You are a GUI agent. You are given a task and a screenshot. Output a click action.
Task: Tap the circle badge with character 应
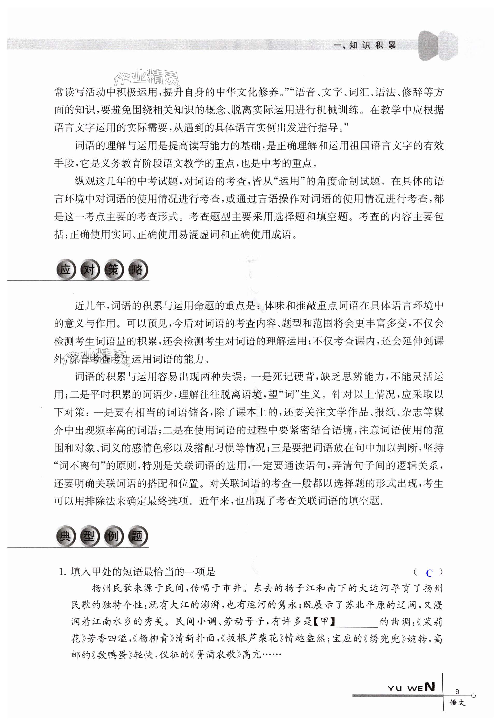(66, 270)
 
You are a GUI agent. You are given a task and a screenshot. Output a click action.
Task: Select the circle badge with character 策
(113, 270)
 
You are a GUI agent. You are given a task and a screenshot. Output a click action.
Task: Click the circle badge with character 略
(137, 270)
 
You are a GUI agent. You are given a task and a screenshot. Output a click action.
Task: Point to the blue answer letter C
(429, 573)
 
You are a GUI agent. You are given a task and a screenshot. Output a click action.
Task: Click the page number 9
(457, 691)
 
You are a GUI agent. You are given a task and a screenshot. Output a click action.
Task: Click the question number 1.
(62, 572)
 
